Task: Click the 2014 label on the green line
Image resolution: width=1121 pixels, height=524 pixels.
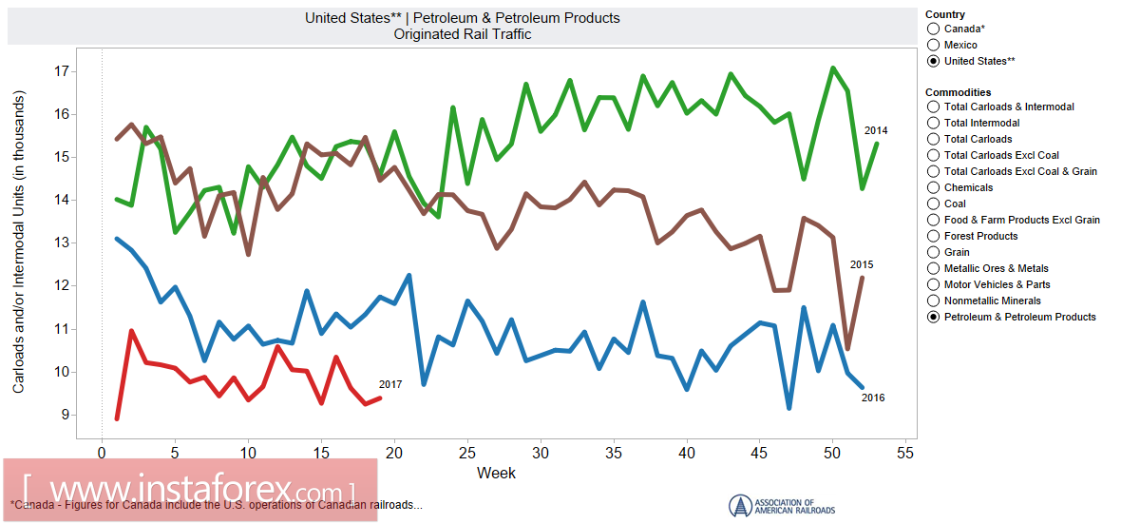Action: (876, 130)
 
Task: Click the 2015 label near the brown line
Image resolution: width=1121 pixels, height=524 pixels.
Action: (862, 264)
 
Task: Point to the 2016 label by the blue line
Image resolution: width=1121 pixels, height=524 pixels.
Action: (873, 398)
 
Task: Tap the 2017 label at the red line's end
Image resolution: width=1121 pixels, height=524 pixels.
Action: (390, 384)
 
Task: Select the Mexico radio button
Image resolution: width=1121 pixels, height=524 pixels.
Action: (934, 45)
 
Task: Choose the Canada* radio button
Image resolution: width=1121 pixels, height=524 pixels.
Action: (934, 29)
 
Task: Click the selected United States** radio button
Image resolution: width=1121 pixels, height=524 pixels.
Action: (934, 61)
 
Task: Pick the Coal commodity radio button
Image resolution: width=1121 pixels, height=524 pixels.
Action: (934, 204)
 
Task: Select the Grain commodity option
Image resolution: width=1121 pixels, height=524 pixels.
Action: (934, 252)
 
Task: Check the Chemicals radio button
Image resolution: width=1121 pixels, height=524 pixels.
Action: (934, 187)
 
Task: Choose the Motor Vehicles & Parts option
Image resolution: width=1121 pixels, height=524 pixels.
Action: (934, 284)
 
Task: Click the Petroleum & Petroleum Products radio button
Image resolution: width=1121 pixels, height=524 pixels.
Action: (934, 317)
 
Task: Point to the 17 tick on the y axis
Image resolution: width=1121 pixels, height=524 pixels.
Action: (63, 71)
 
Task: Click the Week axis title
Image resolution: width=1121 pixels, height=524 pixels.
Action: (496, 473)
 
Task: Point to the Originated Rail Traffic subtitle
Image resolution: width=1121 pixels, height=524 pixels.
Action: (463, 34)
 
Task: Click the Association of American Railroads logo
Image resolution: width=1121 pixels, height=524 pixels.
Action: (782, 505)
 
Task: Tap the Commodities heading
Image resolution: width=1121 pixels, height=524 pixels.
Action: (959, 91)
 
